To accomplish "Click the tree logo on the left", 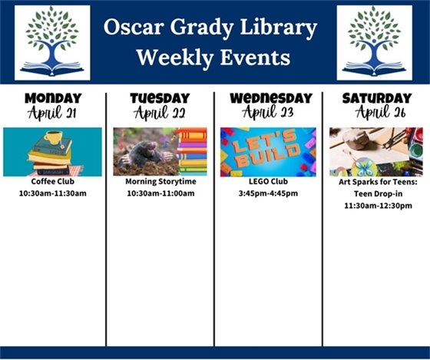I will (52, 42).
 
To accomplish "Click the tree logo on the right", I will (374, 42).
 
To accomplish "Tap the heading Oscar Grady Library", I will (212, 29).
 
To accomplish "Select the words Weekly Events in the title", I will (212, 58).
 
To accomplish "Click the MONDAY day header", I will (52, 98).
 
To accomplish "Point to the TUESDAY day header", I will (160, 98).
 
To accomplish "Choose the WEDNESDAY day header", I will (270, 98).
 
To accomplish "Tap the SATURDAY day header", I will (376, 98).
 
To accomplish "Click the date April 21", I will (52, 113).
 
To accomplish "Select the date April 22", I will (160, 113).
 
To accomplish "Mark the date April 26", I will (376, 113).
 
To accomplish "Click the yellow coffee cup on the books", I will (54, 137).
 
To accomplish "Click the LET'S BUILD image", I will (268, 152).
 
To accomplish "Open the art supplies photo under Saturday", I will (375, 152).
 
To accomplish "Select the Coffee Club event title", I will (52, 183).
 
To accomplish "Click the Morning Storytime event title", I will (160, 183).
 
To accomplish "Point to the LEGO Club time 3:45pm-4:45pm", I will (268, 193).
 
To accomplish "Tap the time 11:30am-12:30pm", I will (377, 206).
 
